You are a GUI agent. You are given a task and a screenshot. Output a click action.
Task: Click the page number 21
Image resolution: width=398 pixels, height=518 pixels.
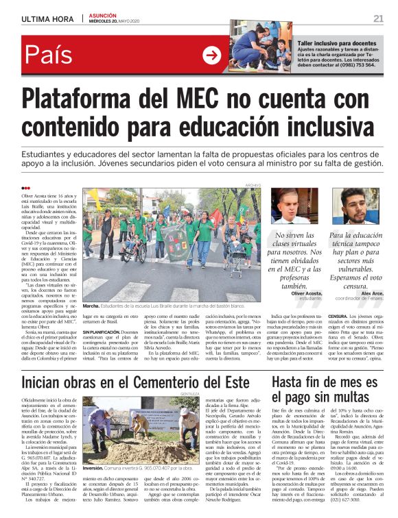pyautogui.click(x=378, y=18)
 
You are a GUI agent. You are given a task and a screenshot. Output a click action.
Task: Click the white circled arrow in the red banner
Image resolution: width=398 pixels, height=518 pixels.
pyautogui.click(x=211, y=56)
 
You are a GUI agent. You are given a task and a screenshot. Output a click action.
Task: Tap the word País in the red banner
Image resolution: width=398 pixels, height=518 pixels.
pyautogui.click(x=50, y=56)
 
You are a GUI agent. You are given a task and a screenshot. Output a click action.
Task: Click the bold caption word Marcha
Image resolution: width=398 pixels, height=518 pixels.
pyautogui.click(x=91, y=306)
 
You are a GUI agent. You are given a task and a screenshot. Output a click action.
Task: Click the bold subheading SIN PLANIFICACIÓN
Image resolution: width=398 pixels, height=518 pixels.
pyautogui.click(x=104, y=331)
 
